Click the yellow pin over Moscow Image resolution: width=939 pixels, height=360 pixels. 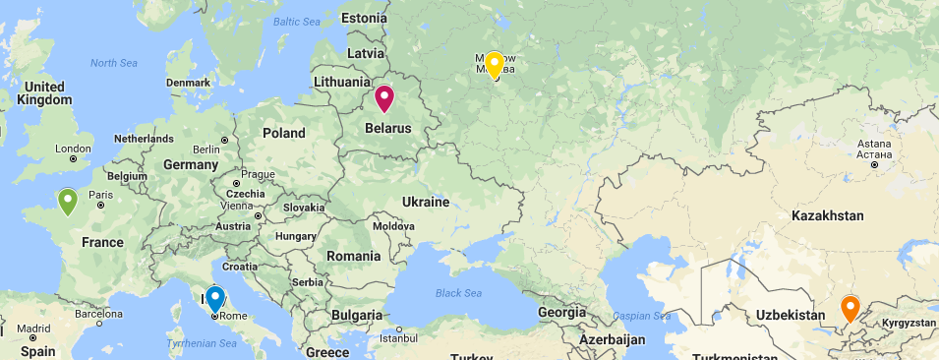[x=495, y=65]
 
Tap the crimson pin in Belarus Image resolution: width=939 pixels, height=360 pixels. [x=383, y=98]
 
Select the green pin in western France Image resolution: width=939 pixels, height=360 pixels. [x=68, y=201]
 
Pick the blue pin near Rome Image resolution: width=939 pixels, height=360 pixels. [x=214, y=298]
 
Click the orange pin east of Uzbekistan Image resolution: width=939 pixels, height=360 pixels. [x=851, y=309]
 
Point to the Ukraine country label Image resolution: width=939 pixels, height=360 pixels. [x=425, y=202]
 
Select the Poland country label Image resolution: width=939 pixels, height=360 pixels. [x=283, y=133]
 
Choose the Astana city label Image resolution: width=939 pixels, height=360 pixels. [x=874, y=144]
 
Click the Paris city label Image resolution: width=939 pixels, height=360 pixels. [x=101, y=195]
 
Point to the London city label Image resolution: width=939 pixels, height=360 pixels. [x=73, y=150]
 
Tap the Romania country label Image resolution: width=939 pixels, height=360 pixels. [x=353, y=256]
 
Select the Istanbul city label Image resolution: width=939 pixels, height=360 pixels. [x=399, y=338]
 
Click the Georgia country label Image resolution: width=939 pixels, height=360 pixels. [x=562, y=312]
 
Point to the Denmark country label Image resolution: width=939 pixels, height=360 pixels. [x=188, y=83]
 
